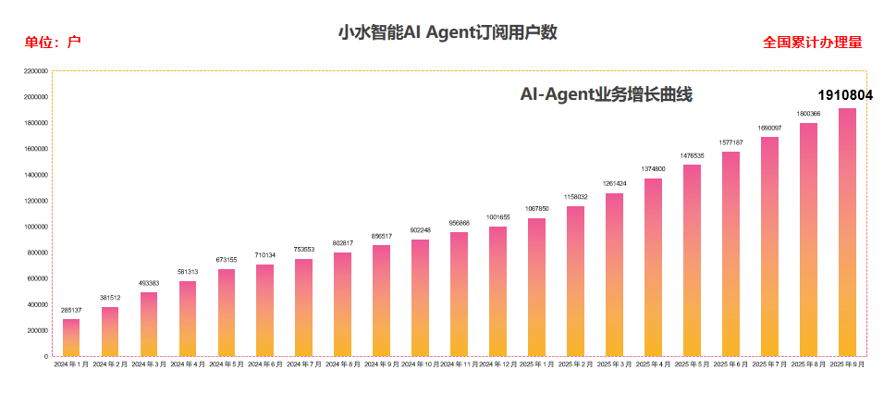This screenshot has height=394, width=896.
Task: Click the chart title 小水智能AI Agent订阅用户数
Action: point(448,33)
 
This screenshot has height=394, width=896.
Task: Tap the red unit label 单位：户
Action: point(54,43)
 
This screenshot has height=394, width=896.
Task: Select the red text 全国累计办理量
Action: point(812,43)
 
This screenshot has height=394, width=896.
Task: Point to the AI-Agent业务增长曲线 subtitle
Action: point(607,94)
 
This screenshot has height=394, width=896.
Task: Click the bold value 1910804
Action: point(845,95)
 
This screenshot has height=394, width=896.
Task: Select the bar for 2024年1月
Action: point(71,338)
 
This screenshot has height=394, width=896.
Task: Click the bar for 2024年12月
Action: point(497,291)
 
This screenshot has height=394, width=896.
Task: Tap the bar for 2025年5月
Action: point(692,261)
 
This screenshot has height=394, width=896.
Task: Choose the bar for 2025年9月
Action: point(847,232)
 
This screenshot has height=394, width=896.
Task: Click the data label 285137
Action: point(71,311)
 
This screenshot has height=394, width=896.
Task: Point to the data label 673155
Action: point(226,260)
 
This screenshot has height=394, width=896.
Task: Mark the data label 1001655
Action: point(497,217)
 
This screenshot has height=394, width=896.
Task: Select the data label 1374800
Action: point(653,169)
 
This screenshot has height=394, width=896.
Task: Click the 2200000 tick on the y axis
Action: point(35,71)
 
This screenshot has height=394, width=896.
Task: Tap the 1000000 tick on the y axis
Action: point(35,227)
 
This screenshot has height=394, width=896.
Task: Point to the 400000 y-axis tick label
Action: point(37,304)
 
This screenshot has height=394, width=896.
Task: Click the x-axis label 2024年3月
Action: point(149,365)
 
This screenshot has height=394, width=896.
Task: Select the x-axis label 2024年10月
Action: point(420,365)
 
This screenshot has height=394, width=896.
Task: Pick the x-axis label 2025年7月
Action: point(769,365)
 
